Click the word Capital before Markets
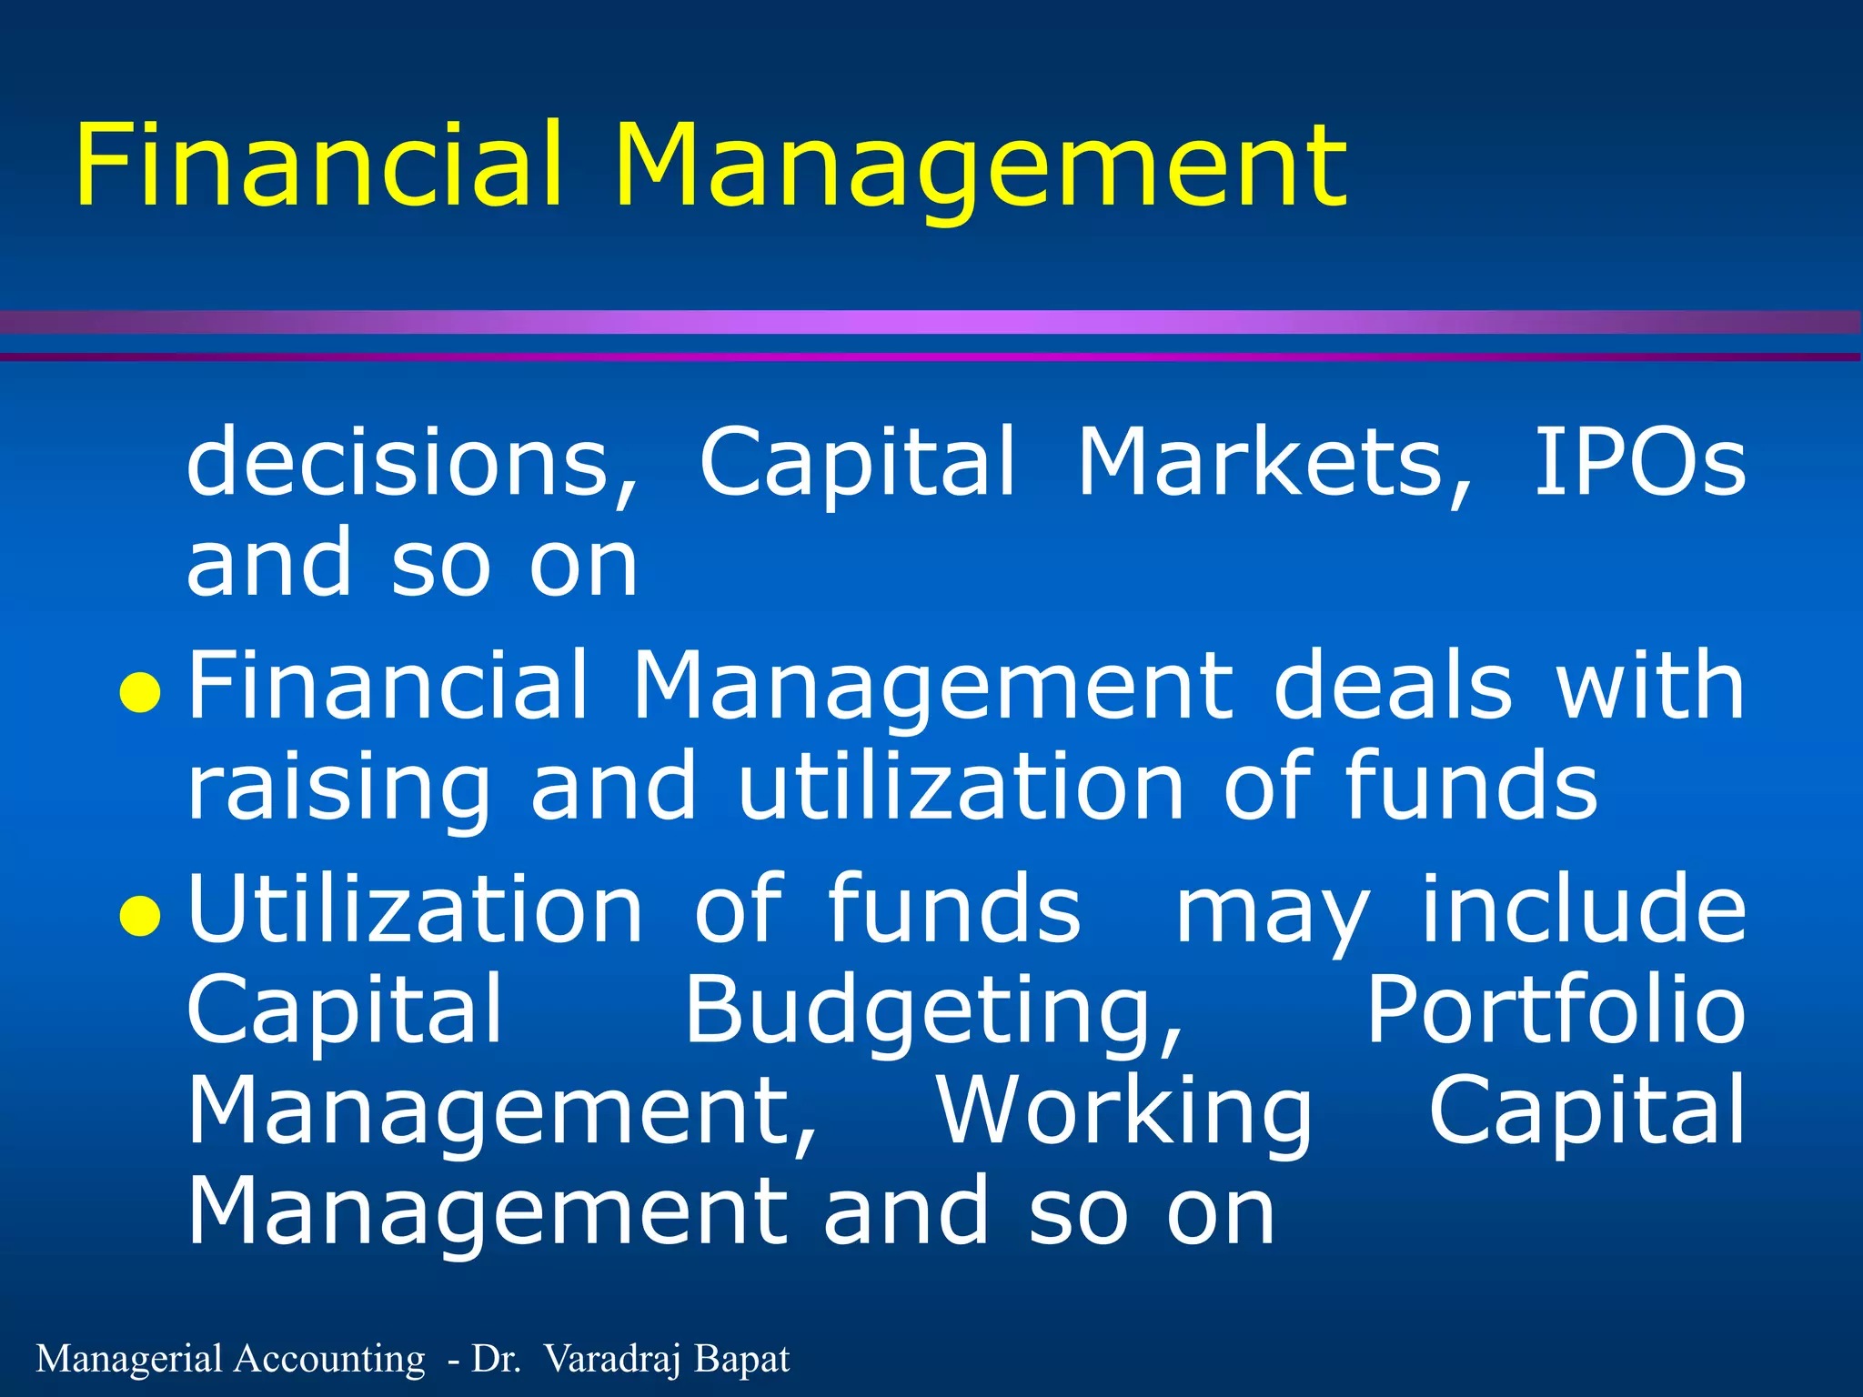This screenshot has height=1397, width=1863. pos(857,463)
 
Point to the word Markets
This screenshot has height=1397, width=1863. pos(1274,463)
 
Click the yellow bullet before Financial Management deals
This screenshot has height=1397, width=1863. pos(141,695)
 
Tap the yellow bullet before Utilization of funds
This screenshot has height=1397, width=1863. pos(141,917)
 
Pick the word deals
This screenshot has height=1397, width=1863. pos(1393,686)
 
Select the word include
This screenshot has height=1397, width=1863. pos(1584,909)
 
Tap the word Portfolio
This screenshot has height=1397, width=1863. pos(1556,1010)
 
